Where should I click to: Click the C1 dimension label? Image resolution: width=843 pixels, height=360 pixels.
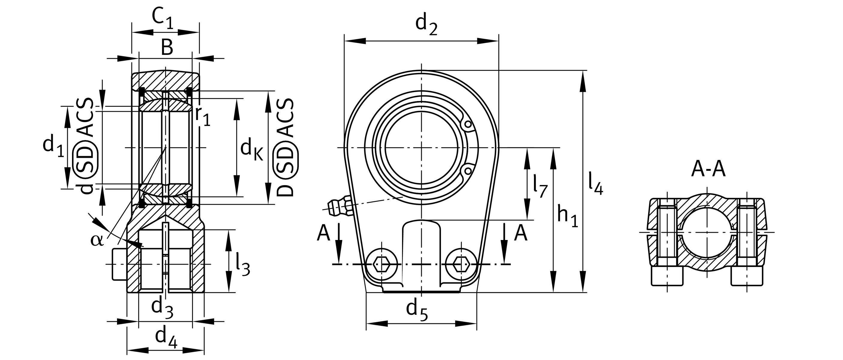coord(163,19)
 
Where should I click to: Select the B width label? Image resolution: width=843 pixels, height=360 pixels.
coord(167,48)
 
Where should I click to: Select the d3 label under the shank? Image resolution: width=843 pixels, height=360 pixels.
coord(162,308)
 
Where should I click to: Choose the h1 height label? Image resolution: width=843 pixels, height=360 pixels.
coord(568,217)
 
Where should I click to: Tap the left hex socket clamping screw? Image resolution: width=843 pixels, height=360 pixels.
coord(382,264)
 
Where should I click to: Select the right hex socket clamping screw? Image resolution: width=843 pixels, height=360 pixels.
coord(461,264)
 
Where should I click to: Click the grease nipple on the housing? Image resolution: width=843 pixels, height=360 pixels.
coord(339,206)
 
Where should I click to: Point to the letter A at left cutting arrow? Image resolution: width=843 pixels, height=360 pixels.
coord(323,234)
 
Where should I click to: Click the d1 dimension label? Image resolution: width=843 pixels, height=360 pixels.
coord(53,146)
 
